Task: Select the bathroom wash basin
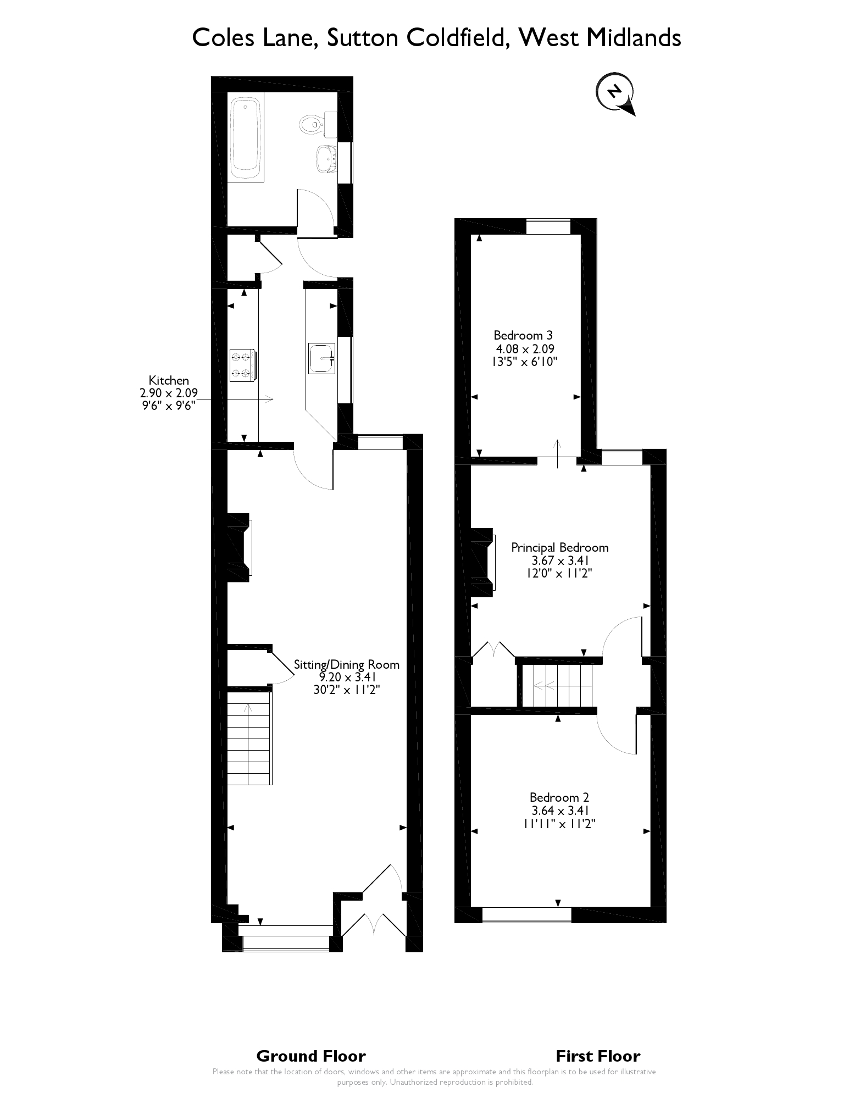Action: click(326, 159)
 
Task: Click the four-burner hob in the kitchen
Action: click(242, 365)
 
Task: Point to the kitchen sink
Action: click(321, 358)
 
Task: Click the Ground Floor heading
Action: click(311, 1056)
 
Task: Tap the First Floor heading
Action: click(598, 1056)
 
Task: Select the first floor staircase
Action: click(558, 685)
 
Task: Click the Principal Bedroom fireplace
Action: click(484, 562)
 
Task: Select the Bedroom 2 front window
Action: click(526, 913)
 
